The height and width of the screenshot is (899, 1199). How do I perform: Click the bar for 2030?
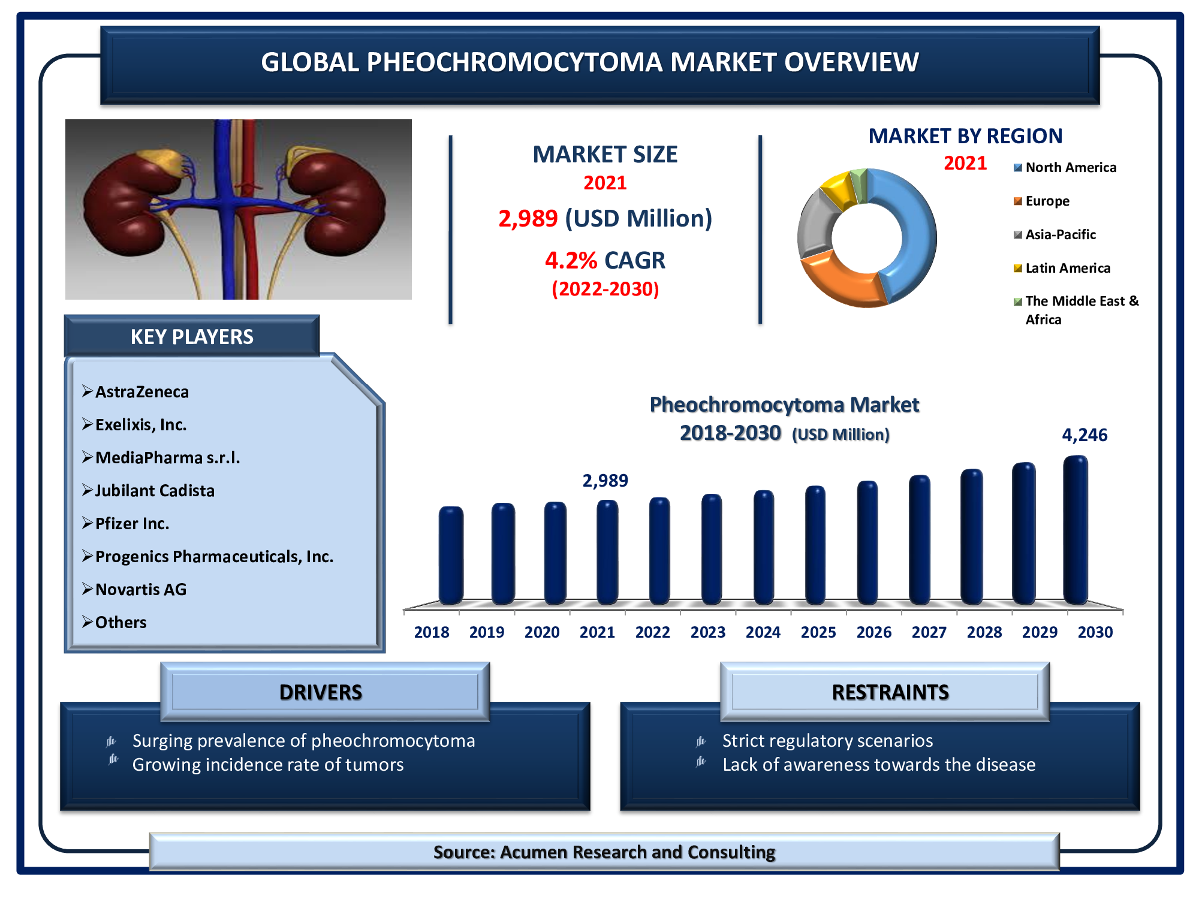coord(1076,530)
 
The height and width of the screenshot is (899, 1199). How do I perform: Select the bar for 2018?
coord(451,555)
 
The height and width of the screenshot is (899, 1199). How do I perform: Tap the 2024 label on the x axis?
coord(763,632)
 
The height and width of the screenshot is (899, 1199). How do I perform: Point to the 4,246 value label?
coord(1084,435)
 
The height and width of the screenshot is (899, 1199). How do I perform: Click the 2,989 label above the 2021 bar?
coord(605,480)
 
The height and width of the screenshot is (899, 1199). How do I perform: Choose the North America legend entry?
coord(1065,167)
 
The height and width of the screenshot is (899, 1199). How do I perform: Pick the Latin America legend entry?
coord(1062,268)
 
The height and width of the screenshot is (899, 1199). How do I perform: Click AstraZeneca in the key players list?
coord(142,392)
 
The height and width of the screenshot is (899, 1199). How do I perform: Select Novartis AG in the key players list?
coord(141,590)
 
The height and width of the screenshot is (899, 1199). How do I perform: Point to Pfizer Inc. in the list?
coord(132,524)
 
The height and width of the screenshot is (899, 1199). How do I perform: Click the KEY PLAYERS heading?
coord(192,337)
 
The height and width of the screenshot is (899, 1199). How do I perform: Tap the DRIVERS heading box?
coord(325,692)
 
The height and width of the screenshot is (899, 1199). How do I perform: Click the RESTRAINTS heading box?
coord(885,692)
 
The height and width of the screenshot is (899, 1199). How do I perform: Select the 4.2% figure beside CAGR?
coord(571,261)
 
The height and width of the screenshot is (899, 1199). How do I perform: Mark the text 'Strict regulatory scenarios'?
coord(827,741)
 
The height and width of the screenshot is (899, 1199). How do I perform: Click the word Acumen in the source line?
coord(535,852)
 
